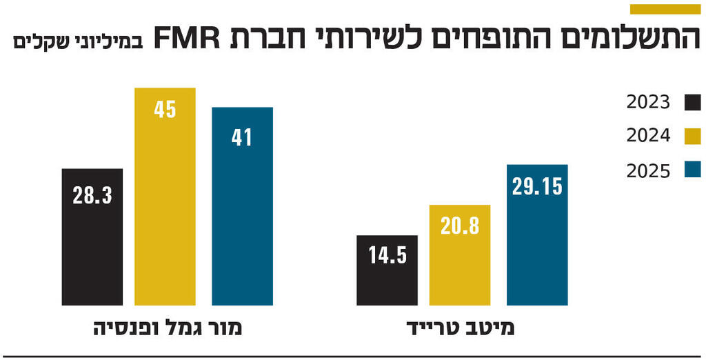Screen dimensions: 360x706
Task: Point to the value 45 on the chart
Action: click(x=165, y=110)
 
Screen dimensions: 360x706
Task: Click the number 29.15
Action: click(x=537, y=187)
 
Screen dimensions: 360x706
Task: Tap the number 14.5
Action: click(x=387, y=256)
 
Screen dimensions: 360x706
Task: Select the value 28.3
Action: click(x=92, y=195)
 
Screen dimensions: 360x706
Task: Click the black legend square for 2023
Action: click(x=692, y=103)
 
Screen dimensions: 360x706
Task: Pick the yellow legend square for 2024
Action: click(x=692, y=136)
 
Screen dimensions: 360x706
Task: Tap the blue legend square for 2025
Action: click(x=692, y=170)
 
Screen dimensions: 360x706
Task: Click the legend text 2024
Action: click(x=648, y=136)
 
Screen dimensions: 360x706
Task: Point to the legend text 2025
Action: click(x=648, y=170)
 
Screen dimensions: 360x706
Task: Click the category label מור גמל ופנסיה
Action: click(x=168, y=328)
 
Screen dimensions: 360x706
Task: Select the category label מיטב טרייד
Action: click(x=462, y=328)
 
